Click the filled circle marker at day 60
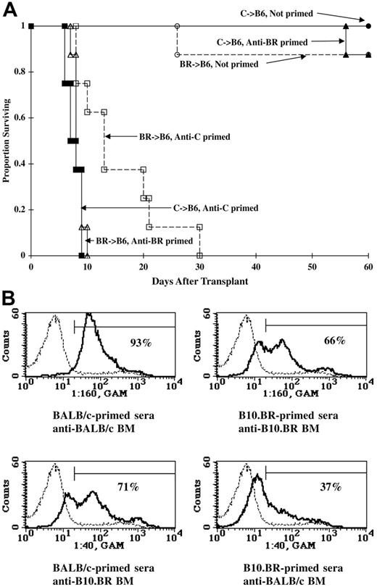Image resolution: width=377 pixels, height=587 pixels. (x=368, y=26)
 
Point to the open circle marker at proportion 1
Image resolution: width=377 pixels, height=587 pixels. (x=176, y=26)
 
